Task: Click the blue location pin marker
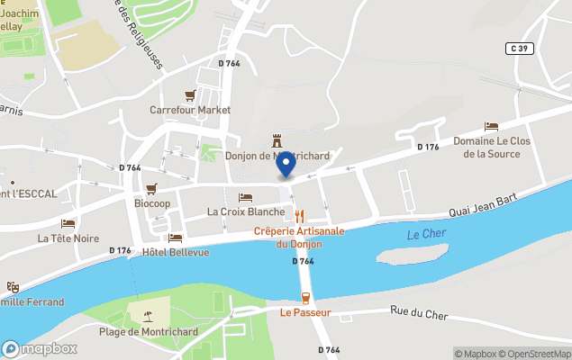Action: pos(286,165)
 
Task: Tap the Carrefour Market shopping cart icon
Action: pos(190,95)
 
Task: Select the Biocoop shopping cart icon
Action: pos(151,189)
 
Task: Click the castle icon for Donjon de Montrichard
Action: pos(277,141)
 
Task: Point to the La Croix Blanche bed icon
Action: pos(245,197)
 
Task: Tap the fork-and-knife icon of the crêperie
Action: pos(299,216)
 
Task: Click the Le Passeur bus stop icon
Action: pos(305,298)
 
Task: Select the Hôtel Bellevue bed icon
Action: pos(175,238)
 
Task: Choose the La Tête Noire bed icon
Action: pos(68,223)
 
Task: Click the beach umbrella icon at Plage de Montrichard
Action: pos(146,314)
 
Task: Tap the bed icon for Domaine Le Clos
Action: pos(491,127)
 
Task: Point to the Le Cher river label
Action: pos(426,235)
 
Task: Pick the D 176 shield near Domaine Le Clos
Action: pos(427,147)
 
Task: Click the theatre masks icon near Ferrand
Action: pos(13,287)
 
